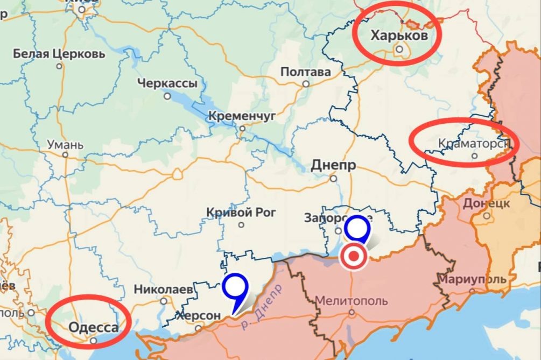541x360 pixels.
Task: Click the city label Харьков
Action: (x=399, y=36)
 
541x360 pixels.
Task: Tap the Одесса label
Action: (x=94, y=328)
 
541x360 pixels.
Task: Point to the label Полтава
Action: (x=305, y=72)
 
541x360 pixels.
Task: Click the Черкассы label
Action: (x=167, y=83)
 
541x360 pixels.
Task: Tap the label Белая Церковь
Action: (x=59, y=54)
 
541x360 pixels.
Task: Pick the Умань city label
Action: (x=65, y=145)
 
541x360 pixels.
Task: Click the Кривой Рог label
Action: (x=241, y=213)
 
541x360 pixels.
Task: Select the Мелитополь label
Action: (x=351, y=300)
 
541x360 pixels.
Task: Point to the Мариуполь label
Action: (x=472, y=279)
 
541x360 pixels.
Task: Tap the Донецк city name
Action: (x=486, y=203)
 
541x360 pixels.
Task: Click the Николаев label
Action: (x=163, y=289)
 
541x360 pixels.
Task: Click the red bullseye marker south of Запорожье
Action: (x=353, y=257)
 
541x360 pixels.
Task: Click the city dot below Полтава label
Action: (x=306, y=84)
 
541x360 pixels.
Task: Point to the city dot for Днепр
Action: (x=334, y=179)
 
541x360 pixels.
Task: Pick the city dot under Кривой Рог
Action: (x=241, y=225)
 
